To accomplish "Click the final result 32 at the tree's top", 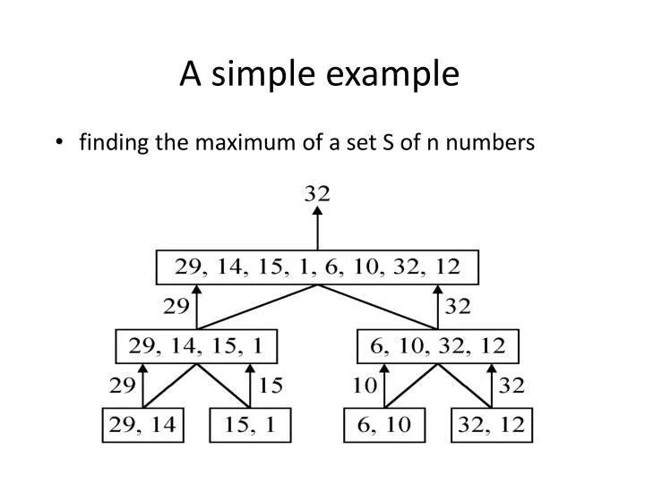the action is tap(317, 192).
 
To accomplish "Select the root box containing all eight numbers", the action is tap(317, 267).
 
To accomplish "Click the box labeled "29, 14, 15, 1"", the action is tap(197, 345).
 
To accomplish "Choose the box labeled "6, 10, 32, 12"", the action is tap(438, 345).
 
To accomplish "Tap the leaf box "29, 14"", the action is tap(142, 424).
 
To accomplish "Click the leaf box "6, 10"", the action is tap(383, 424).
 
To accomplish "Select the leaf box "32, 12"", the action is tap(491, 424).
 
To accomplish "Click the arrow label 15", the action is tap(271, 386).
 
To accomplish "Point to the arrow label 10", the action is tap(363, 386).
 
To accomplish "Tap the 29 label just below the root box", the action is tap(176, 307).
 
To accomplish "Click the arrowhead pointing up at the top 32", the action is tap(317, 212).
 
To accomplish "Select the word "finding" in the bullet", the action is tap(110, 142).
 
